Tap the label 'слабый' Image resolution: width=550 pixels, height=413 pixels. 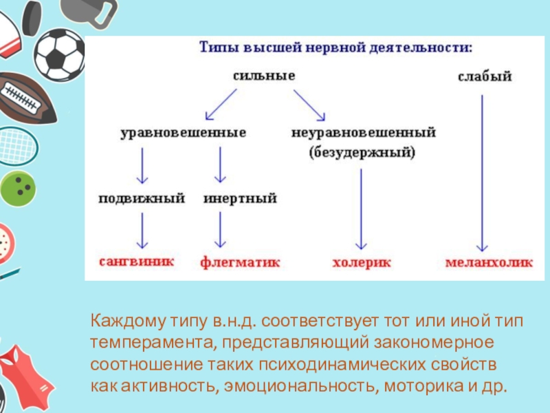[x=485, y=77]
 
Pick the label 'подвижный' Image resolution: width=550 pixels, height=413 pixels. [x=142, y=199]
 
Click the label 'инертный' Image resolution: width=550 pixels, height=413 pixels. [x=240, y=199]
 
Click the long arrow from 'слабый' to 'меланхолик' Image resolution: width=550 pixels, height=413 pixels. [x=483, y=172]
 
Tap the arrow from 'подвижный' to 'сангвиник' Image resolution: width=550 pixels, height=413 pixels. [x=142, y=231]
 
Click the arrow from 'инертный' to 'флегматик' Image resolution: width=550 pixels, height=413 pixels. [x=221, y=231]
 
